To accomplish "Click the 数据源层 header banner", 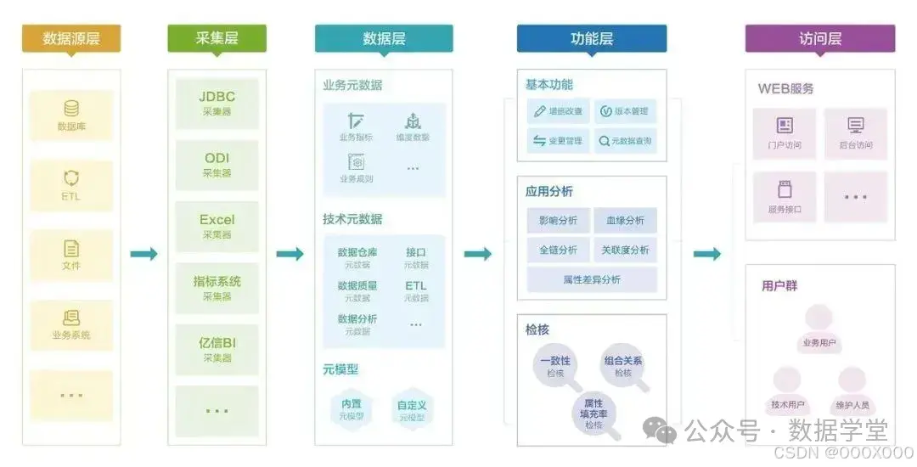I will coord(70,38).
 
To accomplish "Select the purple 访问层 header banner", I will coord(819,38).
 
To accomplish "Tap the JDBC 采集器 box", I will coord(217,103).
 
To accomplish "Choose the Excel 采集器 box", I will coord(217,226).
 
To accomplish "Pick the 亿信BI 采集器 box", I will coord(217,349).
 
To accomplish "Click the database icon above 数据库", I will coord(71,109).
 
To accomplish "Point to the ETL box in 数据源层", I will coord(71,184).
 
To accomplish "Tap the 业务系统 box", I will coord(71,324).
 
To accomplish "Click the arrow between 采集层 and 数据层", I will coord(290,254).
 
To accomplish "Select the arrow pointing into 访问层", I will coord(707,254).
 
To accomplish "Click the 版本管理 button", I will coord(625,111).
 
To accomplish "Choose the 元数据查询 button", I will coord(625,141).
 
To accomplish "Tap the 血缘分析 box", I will coord(625,221).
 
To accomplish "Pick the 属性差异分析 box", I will coord(592,279).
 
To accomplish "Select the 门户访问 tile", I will coord(784,133).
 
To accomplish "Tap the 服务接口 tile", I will coord(784,197).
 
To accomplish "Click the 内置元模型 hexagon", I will coord(352,408).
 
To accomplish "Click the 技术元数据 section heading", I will coord(352,219).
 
